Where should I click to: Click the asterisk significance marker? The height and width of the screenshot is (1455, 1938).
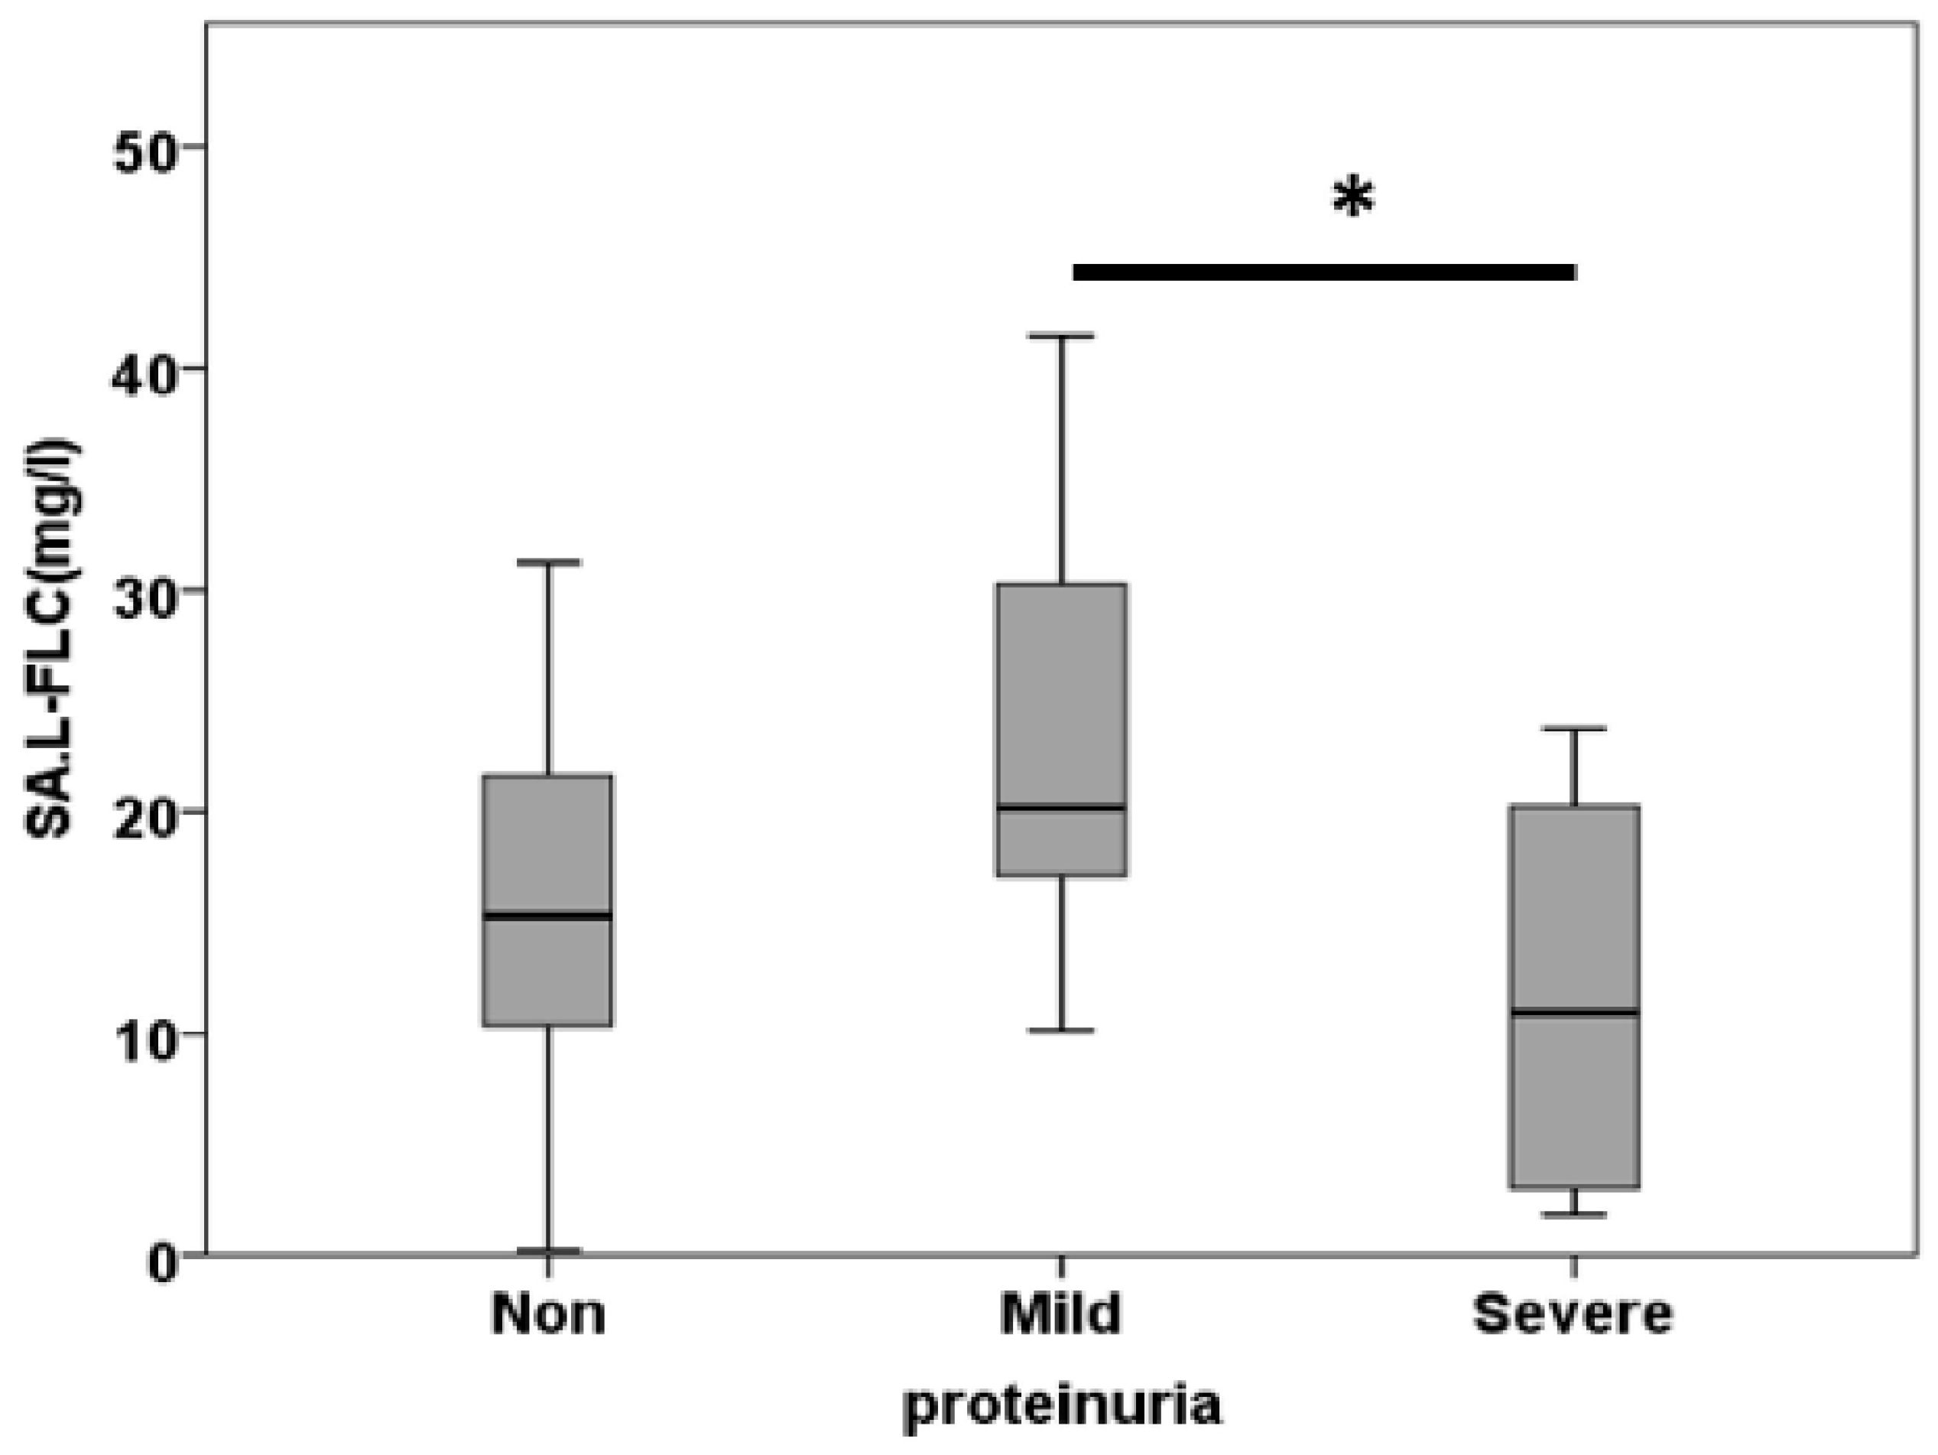pos(1354,198)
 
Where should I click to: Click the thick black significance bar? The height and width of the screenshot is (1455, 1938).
pos(1324,272)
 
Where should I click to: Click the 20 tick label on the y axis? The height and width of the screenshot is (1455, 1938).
pos(144,812)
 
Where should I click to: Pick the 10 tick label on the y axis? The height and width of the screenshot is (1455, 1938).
pos(144,1034)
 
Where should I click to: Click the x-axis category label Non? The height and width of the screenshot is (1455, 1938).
pos(548,1314)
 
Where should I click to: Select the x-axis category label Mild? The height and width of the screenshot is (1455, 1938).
pos(1061,1314)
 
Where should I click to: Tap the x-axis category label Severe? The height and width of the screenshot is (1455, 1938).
pos(1573,1314)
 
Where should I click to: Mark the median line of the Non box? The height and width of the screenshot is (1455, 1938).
pos(548,916)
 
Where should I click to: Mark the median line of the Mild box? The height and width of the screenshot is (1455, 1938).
pos(1061,807)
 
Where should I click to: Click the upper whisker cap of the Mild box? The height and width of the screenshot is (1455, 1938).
pos(1061,336)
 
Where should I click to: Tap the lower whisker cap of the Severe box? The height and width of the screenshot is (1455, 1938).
pos(1574,1215)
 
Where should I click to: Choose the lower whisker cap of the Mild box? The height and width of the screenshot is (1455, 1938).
pos(1061,1030)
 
